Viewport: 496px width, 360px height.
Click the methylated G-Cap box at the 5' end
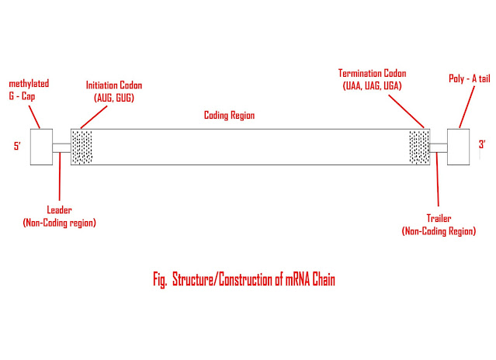(40, 146)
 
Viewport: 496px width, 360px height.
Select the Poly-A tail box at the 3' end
(458, 146)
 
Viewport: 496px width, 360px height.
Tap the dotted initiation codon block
(82, 146)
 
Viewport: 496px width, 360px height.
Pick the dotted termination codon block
(419, 146)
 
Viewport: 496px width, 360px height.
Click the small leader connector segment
(61, 147)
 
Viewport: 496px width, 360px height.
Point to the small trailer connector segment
(439, 147)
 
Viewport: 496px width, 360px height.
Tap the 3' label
(481, 144)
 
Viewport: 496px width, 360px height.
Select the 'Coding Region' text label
(229, 115)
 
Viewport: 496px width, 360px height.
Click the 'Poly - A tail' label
(468, 78)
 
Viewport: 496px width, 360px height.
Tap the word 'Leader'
(60, 212)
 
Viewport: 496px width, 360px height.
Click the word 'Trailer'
(439, 220)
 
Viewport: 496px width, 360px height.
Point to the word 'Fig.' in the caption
(161, 281)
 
